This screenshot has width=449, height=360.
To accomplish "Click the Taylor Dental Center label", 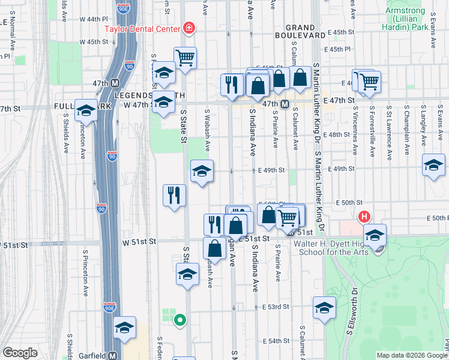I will click(x=142, y=28).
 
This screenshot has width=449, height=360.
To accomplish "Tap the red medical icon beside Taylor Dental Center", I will click(x=189, y=28).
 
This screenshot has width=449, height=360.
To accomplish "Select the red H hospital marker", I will click(x=363, y=217).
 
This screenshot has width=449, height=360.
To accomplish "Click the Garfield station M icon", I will click(x=112, y=355).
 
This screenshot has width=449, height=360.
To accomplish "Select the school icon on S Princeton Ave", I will click(x=86, y=111).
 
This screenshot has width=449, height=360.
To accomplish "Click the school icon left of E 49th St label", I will click(x=202, y=171).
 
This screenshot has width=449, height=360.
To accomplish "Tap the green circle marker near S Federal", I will click(x=179, y=320).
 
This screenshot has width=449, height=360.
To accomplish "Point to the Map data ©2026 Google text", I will click(x=411, y=355).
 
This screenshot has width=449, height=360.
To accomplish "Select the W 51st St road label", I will click(x=139, y=241).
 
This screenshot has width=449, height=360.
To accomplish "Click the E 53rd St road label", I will click(x=276, y=307).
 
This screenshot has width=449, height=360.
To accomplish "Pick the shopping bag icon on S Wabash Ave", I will click(x=214, y=248).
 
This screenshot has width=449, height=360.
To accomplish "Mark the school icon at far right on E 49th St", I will click(x=433, y=165).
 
